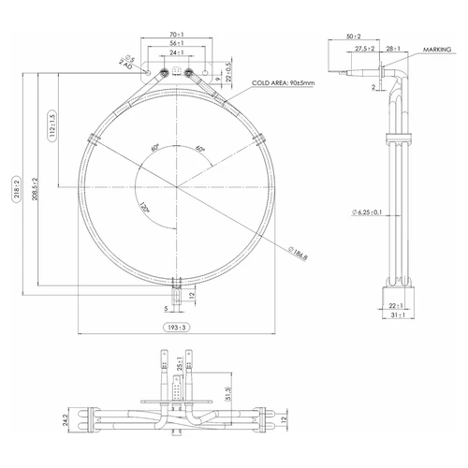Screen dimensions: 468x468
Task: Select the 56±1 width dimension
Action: tap(176, 43)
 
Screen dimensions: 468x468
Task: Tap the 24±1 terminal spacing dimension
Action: tap(176, 53)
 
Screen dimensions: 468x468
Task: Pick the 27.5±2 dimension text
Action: tap(364, 48)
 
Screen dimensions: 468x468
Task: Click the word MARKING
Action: tap(437, 48)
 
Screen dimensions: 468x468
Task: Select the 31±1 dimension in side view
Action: tap(396, 314)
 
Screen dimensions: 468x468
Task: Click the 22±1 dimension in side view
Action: tap(396, 304)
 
